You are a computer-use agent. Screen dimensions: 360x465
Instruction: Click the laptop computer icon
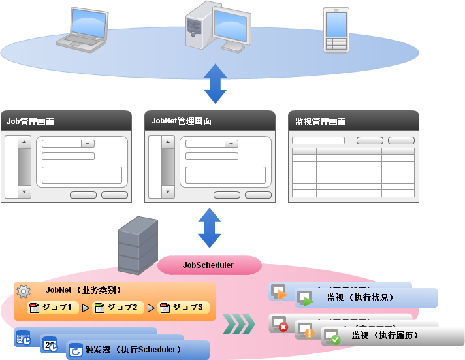pyautogui.click(x=82, y=29)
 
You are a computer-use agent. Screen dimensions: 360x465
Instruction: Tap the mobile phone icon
pyautogui.click(x=336, y=29)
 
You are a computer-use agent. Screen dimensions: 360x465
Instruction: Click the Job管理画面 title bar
pyautogui.click(x=65, y=121)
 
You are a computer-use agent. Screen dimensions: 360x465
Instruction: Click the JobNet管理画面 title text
pyautogui.click(x=182, y=121)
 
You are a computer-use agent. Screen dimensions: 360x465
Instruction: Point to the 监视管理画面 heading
pyautogui.click(x=320, y=122)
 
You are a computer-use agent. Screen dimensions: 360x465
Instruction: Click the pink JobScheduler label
pyautogui.click(x=208, y=265)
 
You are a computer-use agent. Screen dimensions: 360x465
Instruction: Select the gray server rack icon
pyautogui.click(x=137, y=245)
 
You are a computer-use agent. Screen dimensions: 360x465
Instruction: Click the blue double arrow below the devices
pyautogui.click(x=214, y=84)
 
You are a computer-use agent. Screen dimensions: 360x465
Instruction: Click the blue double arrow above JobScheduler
pyautogui.click(x=210, y=228)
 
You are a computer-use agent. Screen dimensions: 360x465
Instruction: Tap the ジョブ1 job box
pyautogui.click(x=52, y=307)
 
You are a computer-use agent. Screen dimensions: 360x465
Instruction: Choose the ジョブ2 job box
pyautogui.click(x=118, y=307)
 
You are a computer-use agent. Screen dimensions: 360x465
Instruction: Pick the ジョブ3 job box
pyautogui.click(x=183, y=307)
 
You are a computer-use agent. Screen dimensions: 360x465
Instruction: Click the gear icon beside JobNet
pyautogui.click(x=24, y=291)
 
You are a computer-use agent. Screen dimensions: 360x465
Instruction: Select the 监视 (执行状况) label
pyautogui.click(x=360, y=297)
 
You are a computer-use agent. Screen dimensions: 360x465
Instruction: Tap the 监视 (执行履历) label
pyautogui.click(x=384, y=336)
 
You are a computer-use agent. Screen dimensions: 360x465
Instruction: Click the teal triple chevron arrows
pyautogui.click(x=238, y=323)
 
